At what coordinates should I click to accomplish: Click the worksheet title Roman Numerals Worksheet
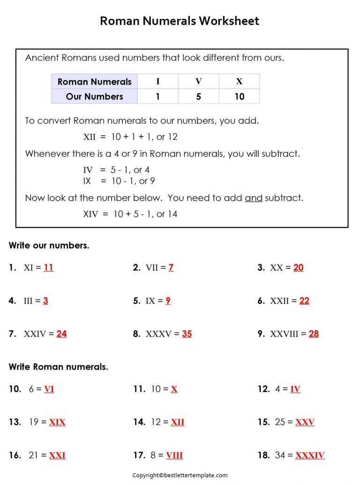[x=180, y=21]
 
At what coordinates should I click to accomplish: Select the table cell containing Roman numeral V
[x=198, y=82]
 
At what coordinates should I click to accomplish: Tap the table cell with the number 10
[x=239, y=97]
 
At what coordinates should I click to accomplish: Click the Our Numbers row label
[x=94, y=97]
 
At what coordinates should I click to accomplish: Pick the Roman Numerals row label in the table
[x=94, y=82]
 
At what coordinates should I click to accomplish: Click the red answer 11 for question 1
[x=48, y=268]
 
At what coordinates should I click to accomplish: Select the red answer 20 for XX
[x=298, y=268]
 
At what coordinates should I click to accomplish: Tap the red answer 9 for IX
[x=168, y=301]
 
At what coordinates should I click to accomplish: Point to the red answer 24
[x=61, y=334]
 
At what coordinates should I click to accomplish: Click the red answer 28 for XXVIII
[x=314, y=334]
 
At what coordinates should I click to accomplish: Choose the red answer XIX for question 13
[x=57, y=422]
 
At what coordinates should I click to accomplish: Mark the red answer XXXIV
[x=310, y=455]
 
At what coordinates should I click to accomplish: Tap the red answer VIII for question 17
[x=174, y=455]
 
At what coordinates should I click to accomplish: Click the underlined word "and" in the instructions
[x=254, y=198]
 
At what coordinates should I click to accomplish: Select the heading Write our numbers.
[x=49, y=245]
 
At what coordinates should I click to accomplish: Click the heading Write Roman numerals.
[x=58, y=367]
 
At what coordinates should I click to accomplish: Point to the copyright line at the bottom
[x=180, y=475]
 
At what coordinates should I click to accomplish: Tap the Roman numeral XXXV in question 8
[x=162, y=334]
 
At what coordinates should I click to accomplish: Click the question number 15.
[x=263, y=422]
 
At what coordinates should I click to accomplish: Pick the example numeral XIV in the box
[x=90, y=214]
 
